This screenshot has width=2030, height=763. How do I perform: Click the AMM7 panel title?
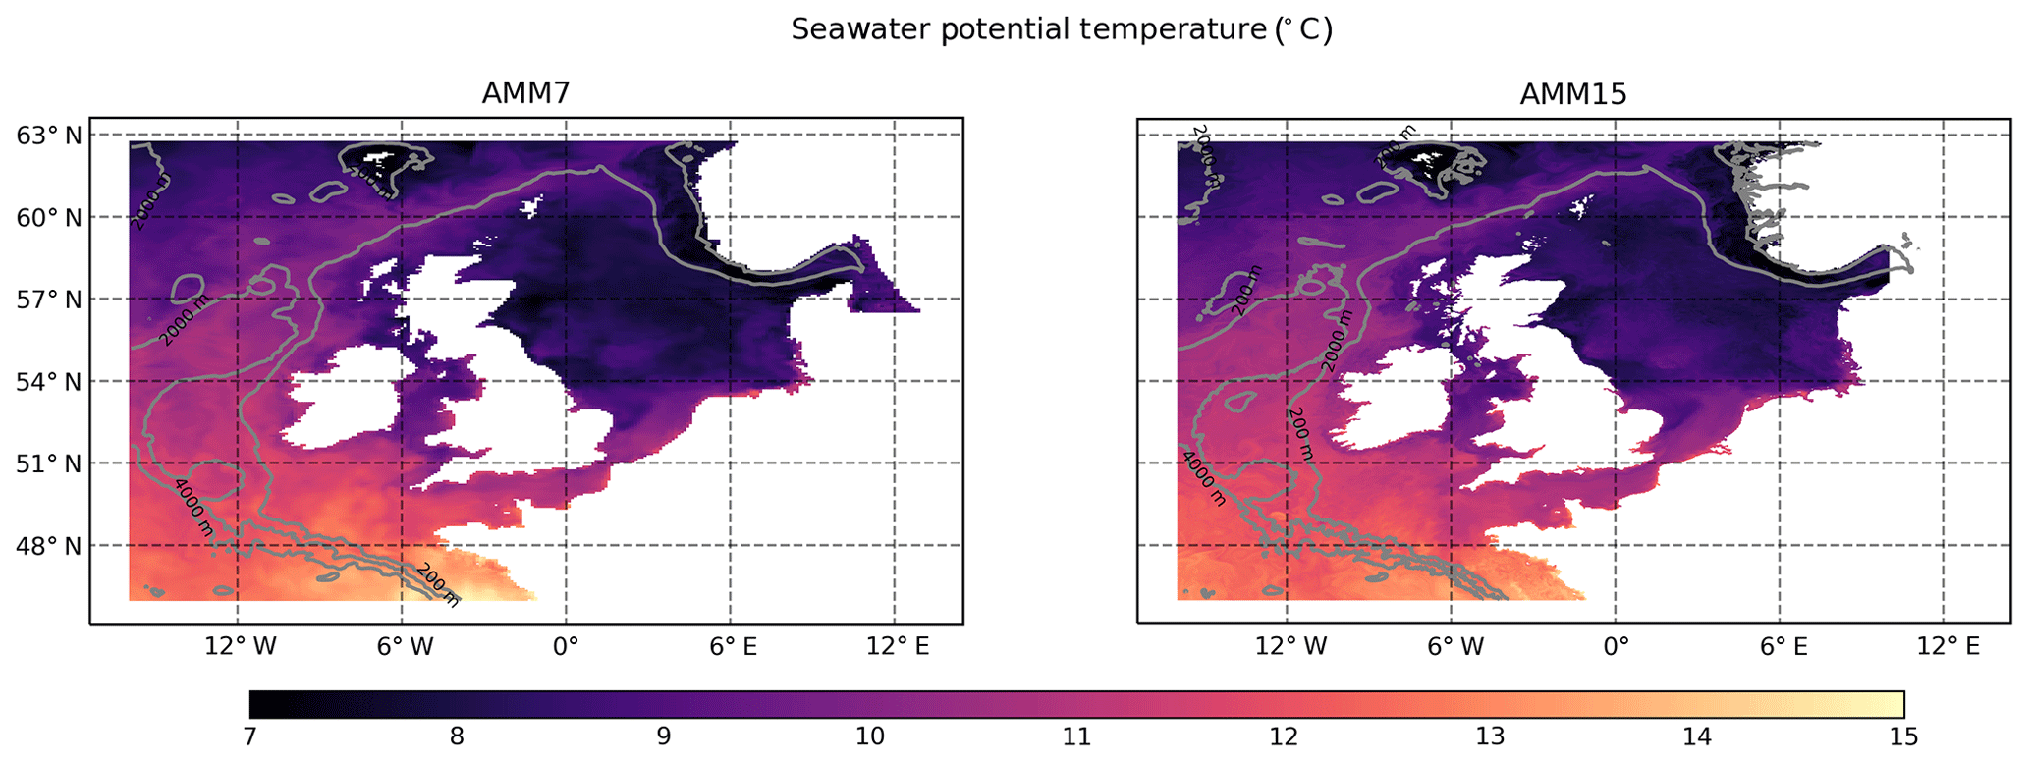525,93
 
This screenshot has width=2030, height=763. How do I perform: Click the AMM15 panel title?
1572,93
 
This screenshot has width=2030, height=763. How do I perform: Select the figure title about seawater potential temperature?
1062,30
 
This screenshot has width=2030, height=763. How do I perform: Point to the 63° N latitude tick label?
48,135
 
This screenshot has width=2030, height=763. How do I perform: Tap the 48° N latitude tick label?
48,545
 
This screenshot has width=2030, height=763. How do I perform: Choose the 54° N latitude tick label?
48,381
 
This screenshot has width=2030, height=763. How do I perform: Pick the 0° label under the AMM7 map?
567,646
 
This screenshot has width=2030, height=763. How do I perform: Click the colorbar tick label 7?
249,736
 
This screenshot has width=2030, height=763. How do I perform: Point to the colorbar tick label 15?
1903,736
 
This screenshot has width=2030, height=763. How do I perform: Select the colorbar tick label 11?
1076,736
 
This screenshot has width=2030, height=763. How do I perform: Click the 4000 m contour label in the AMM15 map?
1204,478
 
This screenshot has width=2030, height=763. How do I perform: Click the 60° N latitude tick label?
48,217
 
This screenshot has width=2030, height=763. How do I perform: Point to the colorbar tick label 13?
1490,736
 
